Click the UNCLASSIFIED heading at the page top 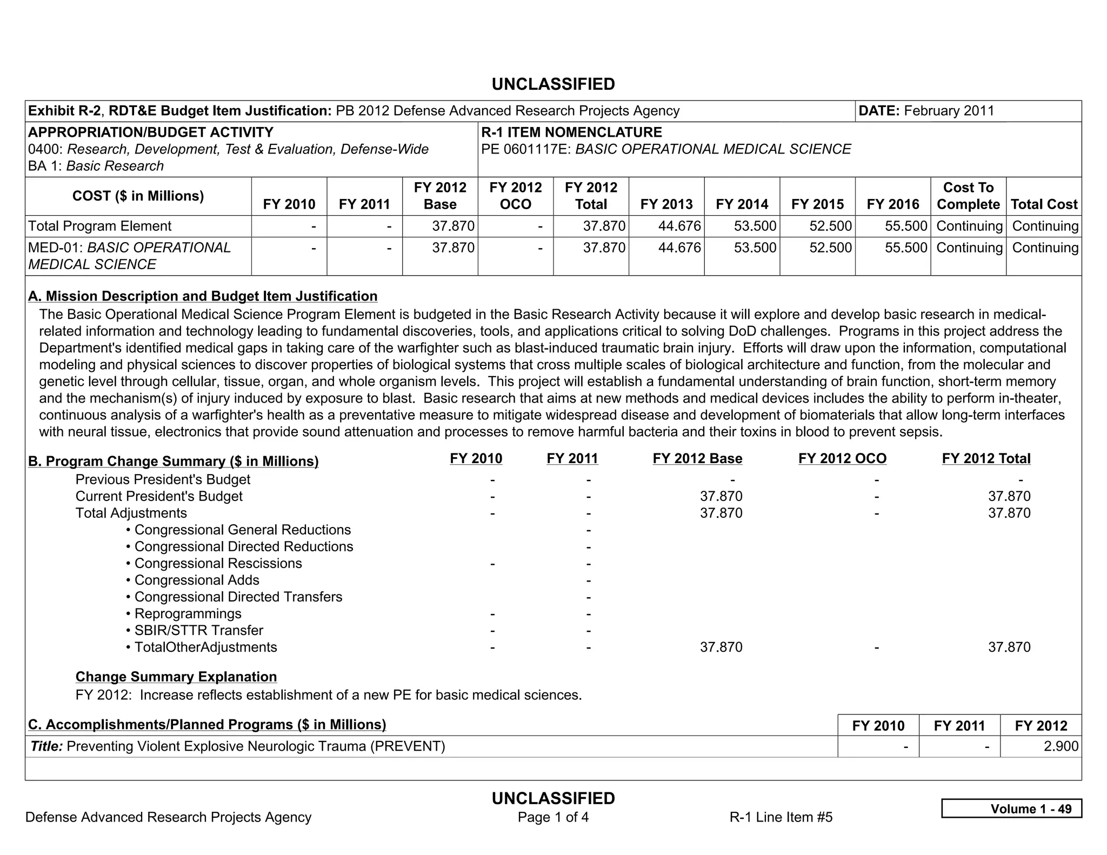click(553, 84)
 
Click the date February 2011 click(949, 111)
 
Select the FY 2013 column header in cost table click(666, 204)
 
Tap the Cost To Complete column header click(968, 196)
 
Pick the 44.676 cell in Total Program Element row click(679, 226)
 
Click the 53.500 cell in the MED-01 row click(755, 248)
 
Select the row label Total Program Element click(99, 226)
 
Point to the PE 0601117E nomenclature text click(665, 149)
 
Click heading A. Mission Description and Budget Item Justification click(203, 296)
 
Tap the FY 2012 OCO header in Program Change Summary click(842, 459)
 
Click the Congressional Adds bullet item click(196, 580)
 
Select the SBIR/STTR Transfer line click(198, 630)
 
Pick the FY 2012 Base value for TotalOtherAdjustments click(721, 647)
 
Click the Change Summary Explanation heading click(176, 677)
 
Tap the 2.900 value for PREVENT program click(1061, 746)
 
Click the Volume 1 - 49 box click(1011, 809)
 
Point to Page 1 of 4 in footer click(553, 817)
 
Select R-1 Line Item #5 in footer click(781, 817)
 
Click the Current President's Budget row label click(159, 496)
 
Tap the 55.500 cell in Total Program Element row click(905, 226)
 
